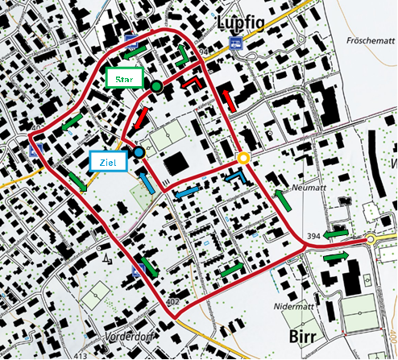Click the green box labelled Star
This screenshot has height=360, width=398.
point(125,80)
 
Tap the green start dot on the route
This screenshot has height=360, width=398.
point(156,86)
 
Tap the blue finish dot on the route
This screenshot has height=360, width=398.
point(139,152)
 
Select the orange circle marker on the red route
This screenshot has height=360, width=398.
point(243,158)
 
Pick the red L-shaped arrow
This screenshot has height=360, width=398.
point(193,82)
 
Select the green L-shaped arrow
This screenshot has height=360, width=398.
point(183,56)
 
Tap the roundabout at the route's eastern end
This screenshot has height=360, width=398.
point(371,239)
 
